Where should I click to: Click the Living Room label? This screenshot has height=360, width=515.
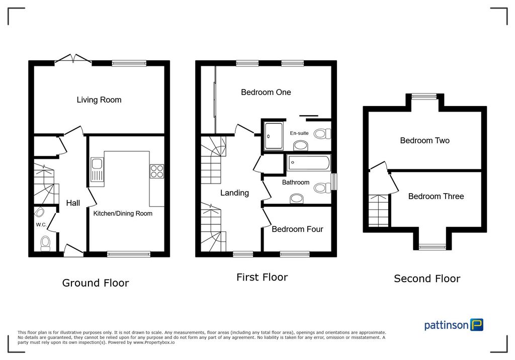click(99, 100)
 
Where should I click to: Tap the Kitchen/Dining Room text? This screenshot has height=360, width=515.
click(123, 214)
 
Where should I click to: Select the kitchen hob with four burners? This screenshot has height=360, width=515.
click(157, 171)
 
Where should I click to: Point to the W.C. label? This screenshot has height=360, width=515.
click(41, 225)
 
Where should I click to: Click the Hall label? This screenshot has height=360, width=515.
click(73, 203)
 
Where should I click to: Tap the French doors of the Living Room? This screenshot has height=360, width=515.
click(73, 58)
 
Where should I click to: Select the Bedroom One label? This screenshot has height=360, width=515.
click(266, 93)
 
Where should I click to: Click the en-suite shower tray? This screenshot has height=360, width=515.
click(274, 136)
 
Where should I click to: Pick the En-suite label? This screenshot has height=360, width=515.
click(299, 133)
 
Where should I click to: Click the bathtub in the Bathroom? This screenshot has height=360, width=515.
click(309, 163)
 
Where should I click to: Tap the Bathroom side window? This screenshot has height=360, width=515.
click(334, 182)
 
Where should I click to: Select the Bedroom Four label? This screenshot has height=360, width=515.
click(298, 229)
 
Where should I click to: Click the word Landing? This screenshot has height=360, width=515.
click(234, 193)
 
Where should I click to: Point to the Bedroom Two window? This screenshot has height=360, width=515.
click(424, 96)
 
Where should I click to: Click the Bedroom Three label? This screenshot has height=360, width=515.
click(436, 197)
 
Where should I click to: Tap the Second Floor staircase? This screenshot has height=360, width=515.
click(379, 211)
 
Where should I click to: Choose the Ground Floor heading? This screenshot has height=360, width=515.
click(96, 283)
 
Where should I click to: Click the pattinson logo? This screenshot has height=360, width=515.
click(454, 325)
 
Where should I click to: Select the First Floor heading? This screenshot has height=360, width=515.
click(262, 277)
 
